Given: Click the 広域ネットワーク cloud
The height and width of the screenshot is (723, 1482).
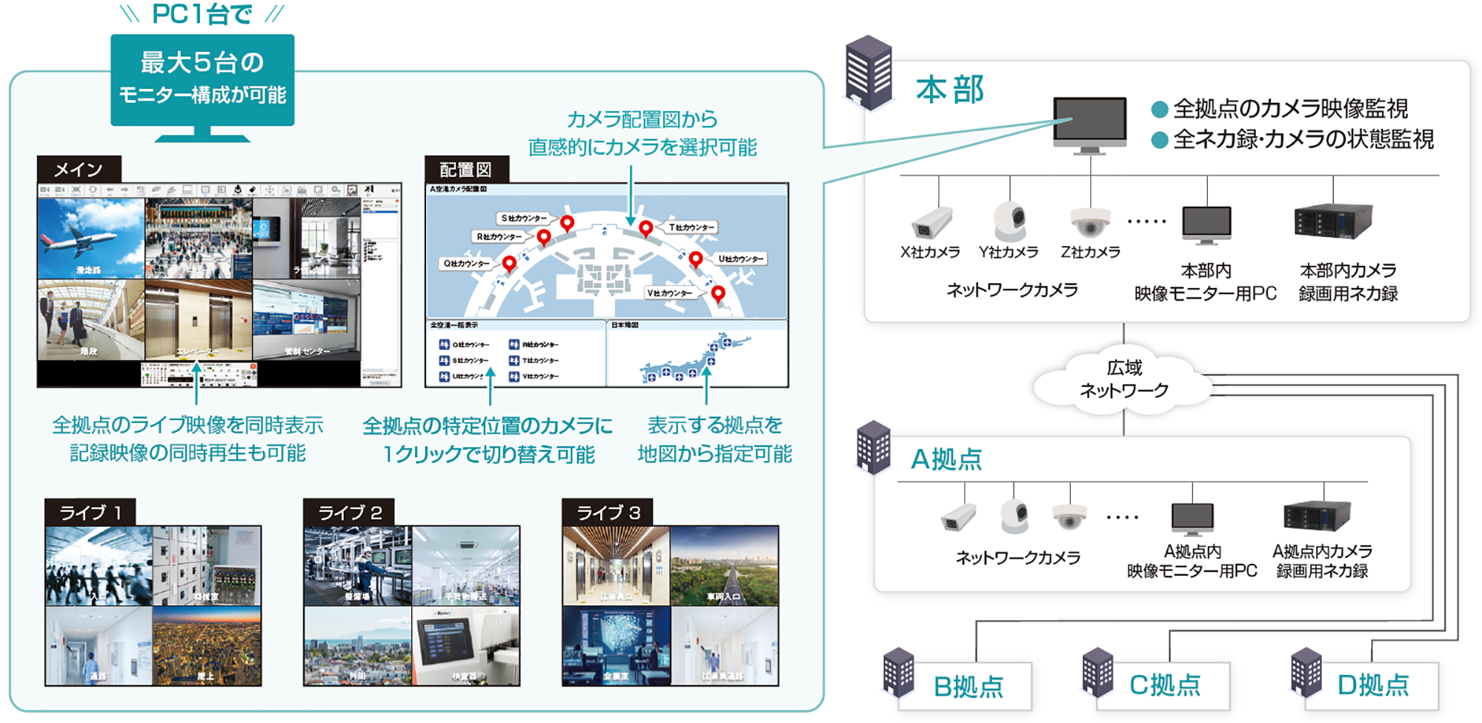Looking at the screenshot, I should tap(1123, 379).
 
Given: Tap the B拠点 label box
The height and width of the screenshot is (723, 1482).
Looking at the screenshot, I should tap(968, 686).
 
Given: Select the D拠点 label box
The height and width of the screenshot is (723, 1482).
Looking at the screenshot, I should tap(1372, 684).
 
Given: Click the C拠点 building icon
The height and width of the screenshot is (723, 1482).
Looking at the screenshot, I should tap(1097, 673).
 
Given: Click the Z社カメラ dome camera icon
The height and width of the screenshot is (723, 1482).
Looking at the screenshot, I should tap(1089, 221).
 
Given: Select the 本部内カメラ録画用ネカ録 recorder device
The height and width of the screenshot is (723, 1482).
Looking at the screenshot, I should tap(1332, 221).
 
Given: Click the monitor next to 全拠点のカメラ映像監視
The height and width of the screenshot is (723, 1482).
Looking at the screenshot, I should tap(1089, 123).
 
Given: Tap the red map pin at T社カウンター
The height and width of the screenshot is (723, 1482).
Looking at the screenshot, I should tap(646, 227).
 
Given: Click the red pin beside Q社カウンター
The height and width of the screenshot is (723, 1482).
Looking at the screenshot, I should tap(509, 263).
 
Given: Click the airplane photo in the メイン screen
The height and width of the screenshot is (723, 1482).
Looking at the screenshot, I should tap(91, 238).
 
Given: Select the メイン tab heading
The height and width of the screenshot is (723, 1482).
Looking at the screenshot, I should tap(79, 170).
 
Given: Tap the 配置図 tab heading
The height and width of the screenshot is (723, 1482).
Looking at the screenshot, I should tap(466, 170).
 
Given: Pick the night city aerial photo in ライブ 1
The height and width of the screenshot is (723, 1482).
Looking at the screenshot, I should tap(207, 645).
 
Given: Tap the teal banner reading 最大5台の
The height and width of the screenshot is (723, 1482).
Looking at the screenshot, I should tap(202, 79).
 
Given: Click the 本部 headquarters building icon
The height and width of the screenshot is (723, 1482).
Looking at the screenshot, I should tap(868, 73).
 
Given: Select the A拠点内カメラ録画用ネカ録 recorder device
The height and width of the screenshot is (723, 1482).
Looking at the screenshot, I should tap(1317, 516).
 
